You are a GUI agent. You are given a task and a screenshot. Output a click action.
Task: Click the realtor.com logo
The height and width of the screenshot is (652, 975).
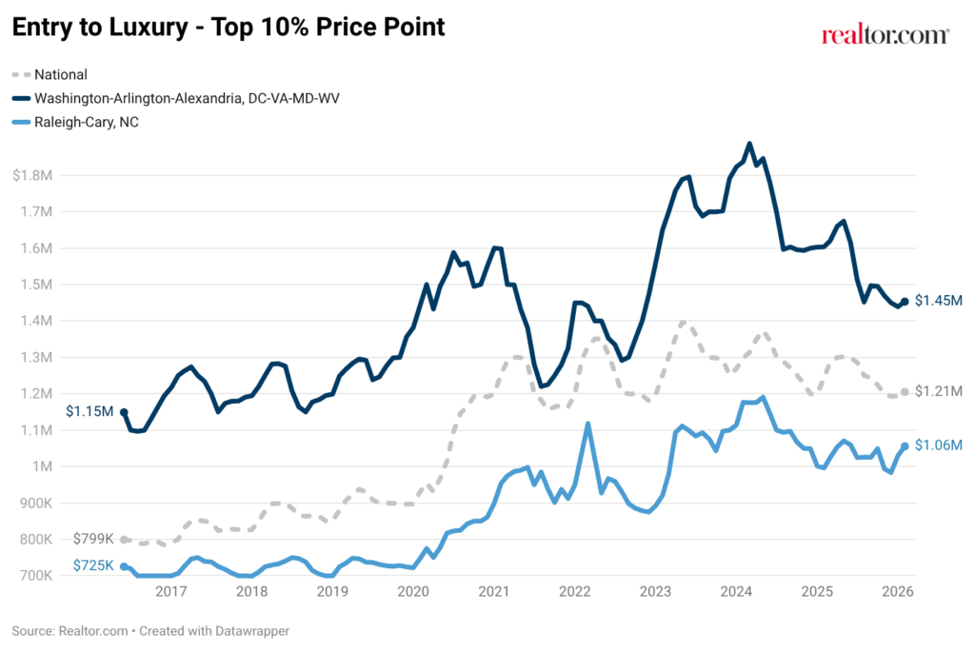885,35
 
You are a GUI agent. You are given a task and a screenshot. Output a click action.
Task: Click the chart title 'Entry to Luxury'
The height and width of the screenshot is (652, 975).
100,28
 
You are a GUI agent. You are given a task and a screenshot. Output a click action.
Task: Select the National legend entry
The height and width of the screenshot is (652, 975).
50,74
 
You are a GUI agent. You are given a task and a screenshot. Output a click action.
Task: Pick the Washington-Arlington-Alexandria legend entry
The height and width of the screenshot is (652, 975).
176,98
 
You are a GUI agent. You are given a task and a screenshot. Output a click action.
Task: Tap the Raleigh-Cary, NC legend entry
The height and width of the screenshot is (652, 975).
75,122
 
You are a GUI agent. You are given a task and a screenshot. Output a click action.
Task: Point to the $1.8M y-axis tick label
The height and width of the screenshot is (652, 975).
32,175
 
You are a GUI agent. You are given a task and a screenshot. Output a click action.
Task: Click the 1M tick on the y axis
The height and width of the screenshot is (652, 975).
41,466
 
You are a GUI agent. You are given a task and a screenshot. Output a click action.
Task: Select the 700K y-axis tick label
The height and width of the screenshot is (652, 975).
35,576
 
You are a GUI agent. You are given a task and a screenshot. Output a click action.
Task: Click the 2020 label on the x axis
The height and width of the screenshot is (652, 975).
413,591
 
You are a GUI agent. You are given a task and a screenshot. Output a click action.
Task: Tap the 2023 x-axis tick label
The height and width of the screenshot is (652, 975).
655,591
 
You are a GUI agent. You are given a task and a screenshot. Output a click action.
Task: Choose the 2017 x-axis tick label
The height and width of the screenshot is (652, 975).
171,591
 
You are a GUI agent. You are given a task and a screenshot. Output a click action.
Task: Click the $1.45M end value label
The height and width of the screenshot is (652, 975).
938,301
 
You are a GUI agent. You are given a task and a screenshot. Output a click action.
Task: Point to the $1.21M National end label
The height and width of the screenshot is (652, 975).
938,391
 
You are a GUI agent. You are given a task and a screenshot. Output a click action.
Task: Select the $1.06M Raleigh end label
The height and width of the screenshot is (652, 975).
938,445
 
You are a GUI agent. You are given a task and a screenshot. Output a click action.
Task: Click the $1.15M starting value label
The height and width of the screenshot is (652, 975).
90,411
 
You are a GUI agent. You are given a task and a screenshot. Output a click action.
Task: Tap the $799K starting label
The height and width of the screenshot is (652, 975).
93,539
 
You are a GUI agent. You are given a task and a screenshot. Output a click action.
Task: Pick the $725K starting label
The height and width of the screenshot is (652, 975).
93,565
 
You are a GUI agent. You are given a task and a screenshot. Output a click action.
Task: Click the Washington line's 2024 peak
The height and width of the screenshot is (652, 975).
749,144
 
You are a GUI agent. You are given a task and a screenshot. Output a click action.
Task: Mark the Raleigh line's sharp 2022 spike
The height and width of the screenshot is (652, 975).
587,424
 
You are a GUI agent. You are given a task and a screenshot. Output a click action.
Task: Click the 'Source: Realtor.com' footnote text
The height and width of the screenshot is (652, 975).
70,631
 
